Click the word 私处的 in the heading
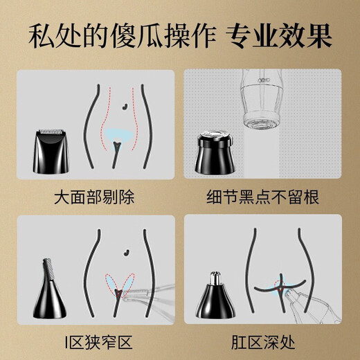pyautogui.click(x=60, y=35)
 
